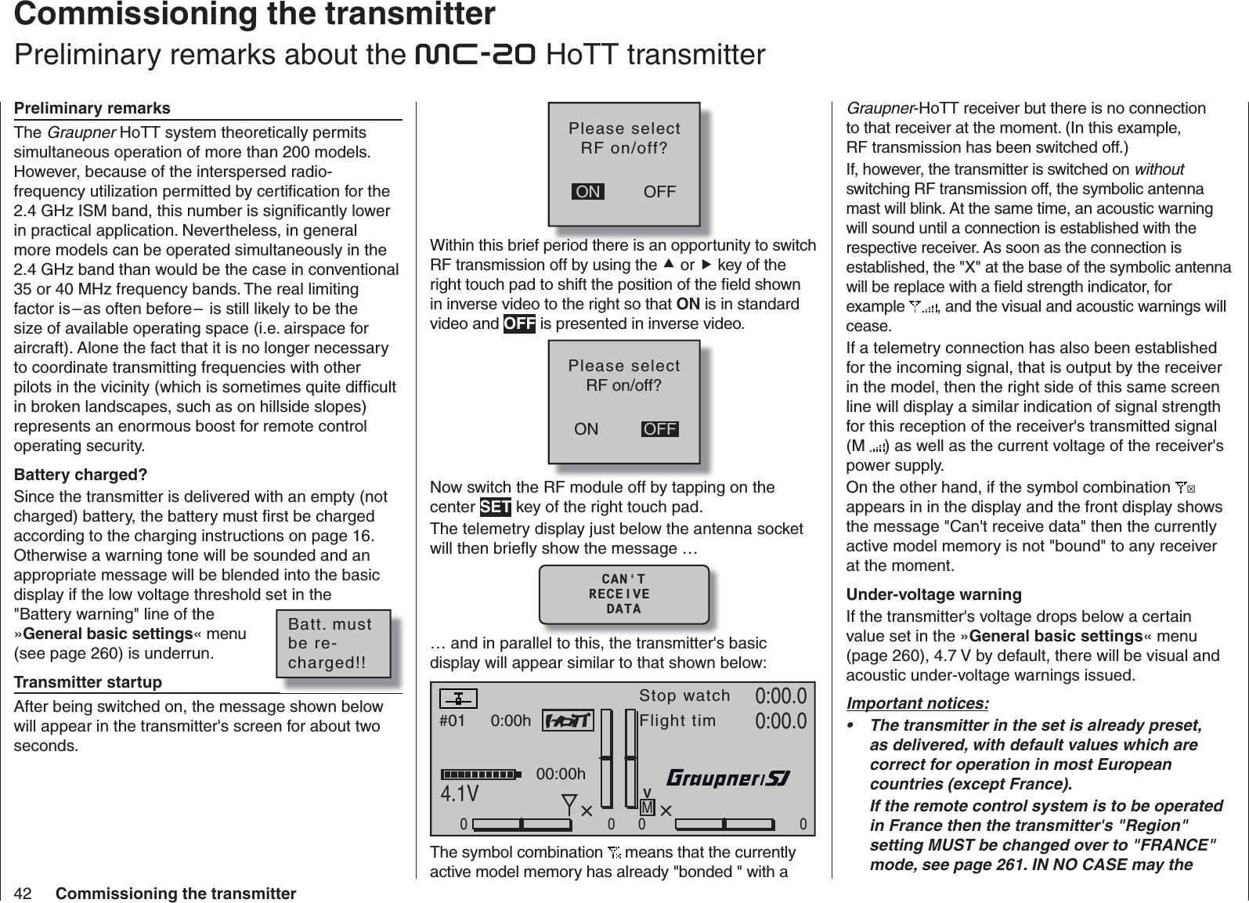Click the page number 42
point(23,893)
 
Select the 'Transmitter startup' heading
point(88,682)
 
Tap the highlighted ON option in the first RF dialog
point(588,192)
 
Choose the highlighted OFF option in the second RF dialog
point(660,429)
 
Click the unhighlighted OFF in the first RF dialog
point(659,192)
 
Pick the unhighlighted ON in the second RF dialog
point(586,429)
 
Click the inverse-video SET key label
point(495,507)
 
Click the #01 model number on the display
point(453,721)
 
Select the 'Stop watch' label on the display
point(684,695)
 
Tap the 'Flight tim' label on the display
point(677,721)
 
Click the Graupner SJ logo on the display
point(728,778)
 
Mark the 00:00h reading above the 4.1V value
point(561,775)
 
